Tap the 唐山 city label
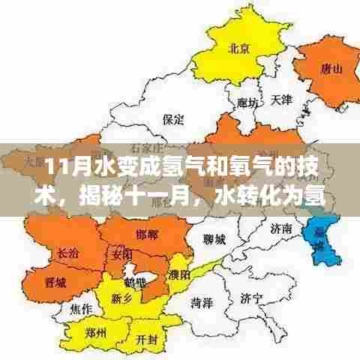(331, 69)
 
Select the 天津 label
(282, 99)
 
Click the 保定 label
(173, 118)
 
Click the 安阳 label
(121, 255)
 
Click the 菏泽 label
(199, 304)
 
